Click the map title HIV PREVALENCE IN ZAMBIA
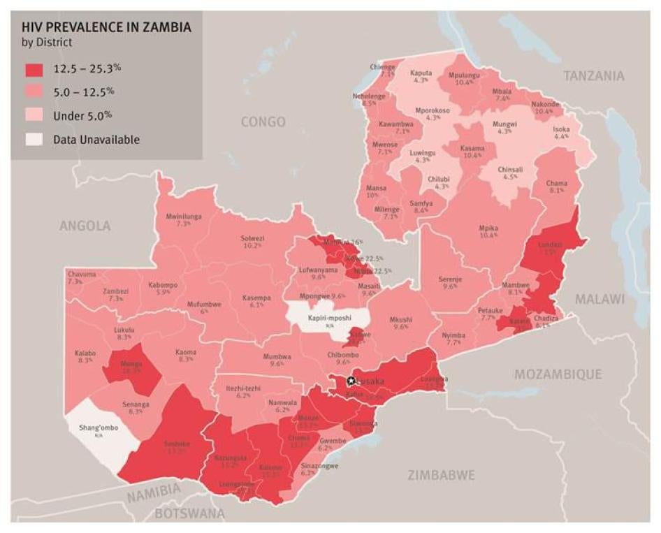coord(106,27)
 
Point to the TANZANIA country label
coord(593,75)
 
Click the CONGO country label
coord(263,122)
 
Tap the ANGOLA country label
coord(85,226)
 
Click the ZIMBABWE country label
coord(441,475)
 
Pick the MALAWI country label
coord(599,299)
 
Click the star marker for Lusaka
coord(351,381)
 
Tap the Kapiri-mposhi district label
coord(329,318)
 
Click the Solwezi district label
coord(252,238)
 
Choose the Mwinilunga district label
coord(183,217)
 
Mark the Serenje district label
coord(450,278)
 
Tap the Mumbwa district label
coord(277,356)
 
